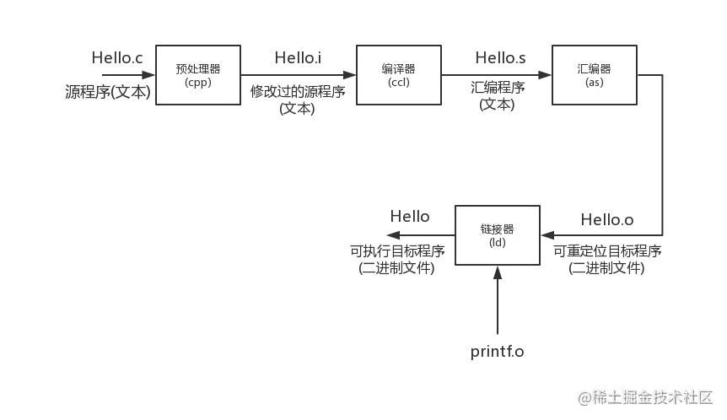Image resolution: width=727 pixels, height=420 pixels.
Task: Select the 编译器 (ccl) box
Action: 398,75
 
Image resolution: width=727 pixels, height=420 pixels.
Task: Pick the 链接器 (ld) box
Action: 497,235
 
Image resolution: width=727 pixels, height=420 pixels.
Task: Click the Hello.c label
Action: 118,59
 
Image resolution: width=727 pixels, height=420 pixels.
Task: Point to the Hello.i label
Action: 298,59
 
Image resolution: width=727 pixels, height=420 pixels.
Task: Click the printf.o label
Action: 496,350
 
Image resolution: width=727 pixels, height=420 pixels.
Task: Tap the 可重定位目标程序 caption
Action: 607,251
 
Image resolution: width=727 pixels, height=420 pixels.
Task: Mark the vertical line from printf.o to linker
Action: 497,304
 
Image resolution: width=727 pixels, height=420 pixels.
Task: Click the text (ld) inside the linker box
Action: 497,243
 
